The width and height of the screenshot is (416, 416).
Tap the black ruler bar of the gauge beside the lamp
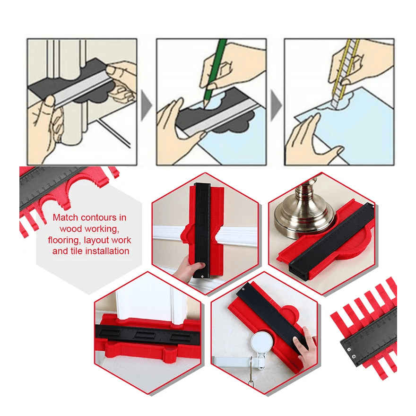coord(331,241)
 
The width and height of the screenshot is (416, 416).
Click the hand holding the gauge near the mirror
coord(307,340)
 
